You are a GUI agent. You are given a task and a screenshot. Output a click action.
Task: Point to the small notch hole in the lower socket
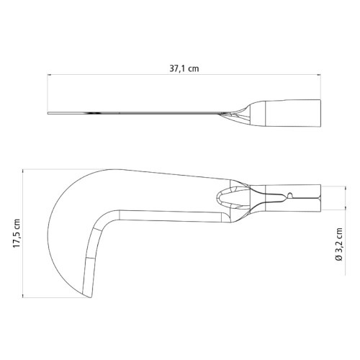(289, 194)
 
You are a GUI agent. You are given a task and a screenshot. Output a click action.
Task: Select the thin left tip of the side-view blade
(50, 113)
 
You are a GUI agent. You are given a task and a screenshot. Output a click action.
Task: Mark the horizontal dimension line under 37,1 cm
(180, 76)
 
